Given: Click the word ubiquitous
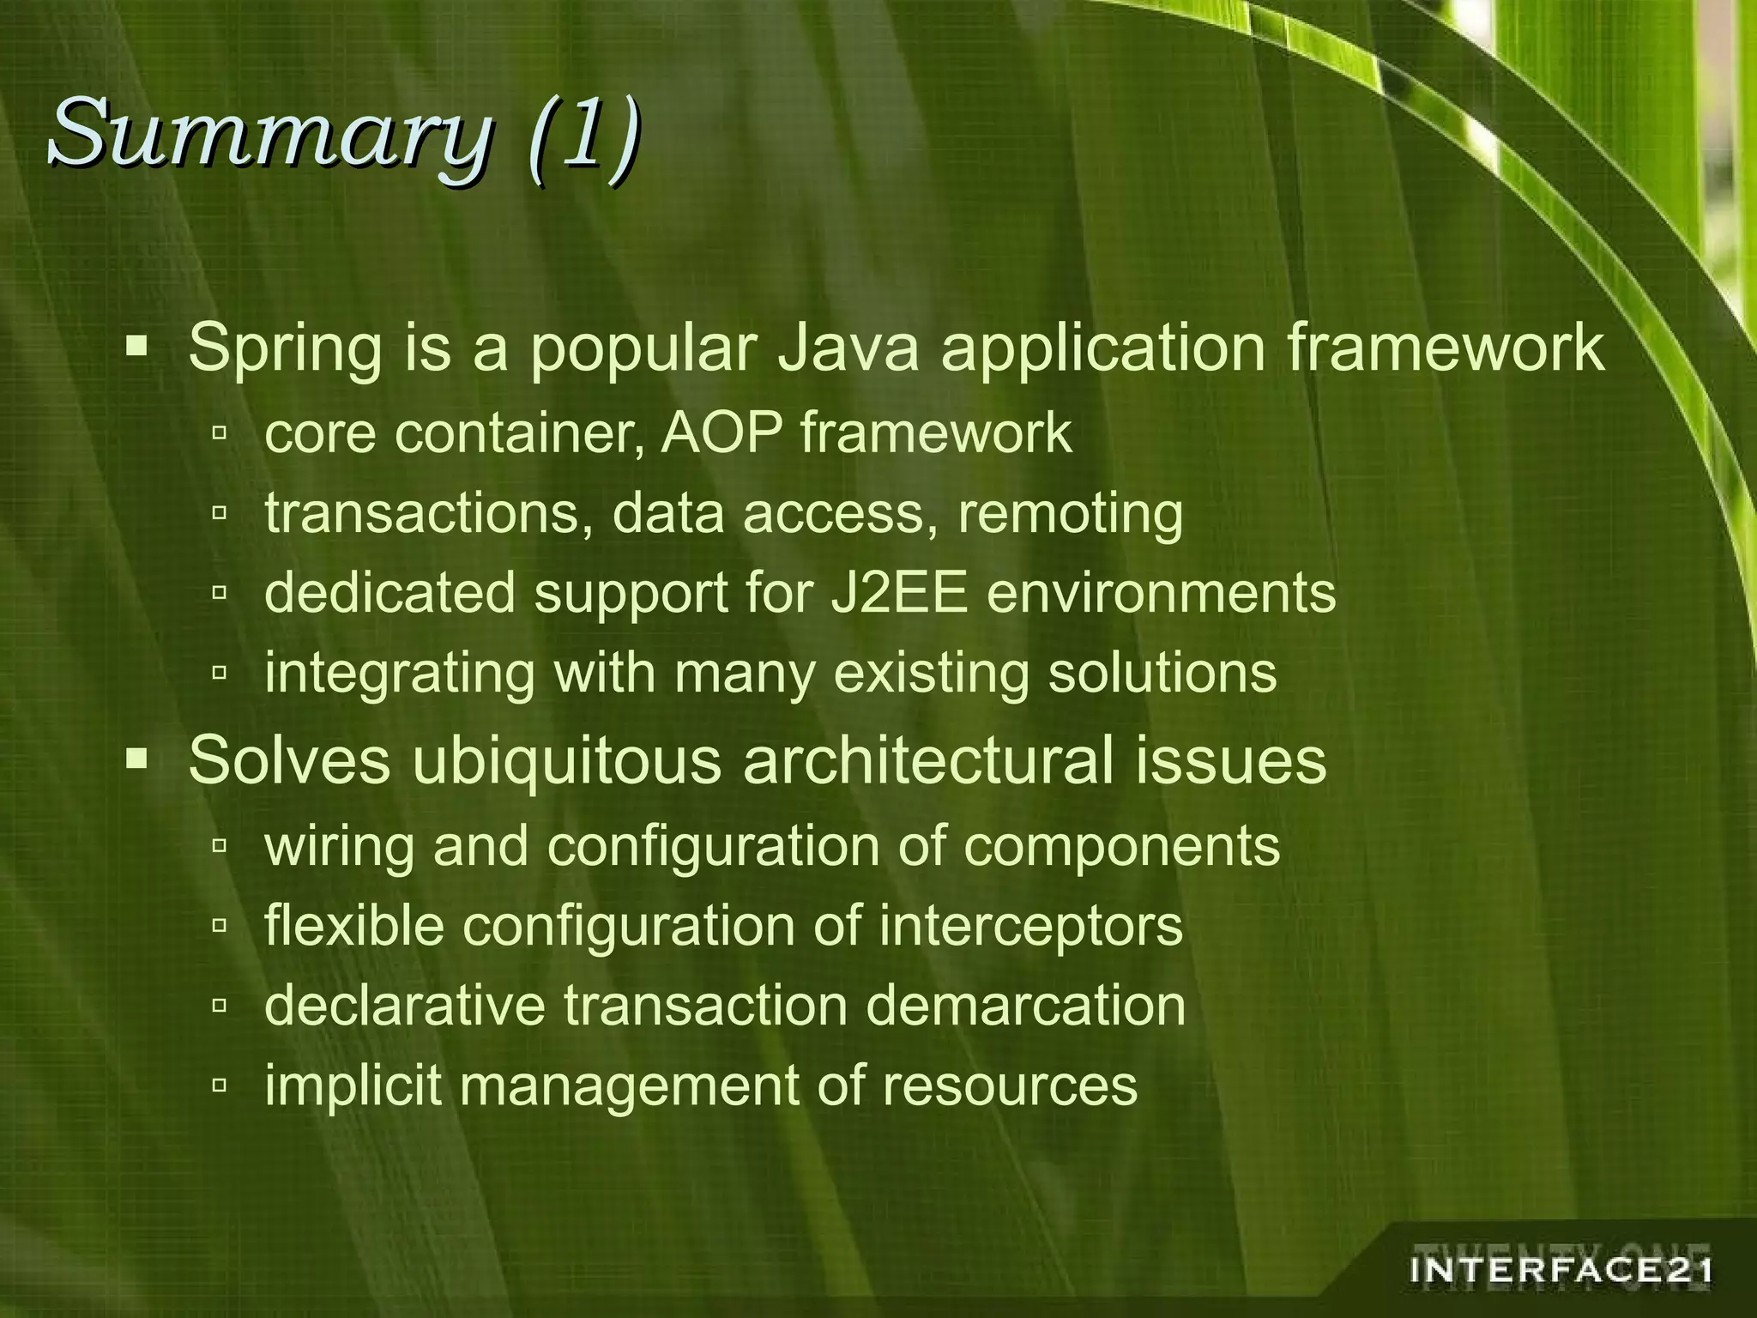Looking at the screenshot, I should [566, 761].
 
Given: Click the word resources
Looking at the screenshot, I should [1010, 1085].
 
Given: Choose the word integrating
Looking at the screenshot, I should [400, 674].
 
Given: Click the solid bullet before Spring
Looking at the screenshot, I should [137, 348].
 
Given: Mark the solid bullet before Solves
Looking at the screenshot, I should [137, 759].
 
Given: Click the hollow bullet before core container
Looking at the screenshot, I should [220, 434].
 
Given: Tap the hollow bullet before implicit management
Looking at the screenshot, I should [220, 1085].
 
